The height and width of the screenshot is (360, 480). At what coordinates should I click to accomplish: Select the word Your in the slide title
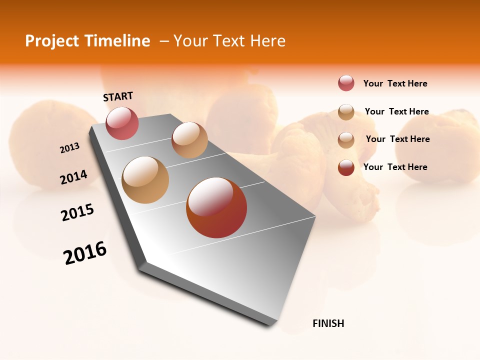[190, 41]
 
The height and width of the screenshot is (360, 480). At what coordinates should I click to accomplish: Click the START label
[118, 96]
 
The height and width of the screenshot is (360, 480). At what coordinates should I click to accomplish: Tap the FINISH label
[328, 323]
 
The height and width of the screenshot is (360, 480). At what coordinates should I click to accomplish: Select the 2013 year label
[70, 148]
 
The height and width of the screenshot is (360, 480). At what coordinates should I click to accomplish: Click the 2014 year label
[73, 177]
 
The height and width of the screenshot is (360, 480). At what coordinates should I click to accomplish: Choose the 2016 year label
[85, 253]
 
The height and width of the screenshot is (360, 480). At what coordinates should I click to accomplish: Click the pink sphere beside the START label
[122, 123]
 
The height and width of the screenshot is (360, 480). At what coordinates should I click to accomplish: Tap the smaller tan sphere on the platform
[189, 140]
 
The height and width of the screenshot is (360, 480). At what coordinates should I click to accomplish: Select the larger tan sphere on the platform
[145, 179]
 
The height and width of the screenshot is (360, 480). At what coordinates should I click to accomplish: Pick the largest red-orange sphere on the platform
[216, 207]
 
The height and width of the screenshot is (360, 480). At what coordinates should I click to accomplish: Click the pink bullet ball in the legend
[346, 83]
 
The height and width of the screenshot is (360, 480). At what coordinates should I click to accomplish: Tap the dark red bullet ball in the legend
[346, 167]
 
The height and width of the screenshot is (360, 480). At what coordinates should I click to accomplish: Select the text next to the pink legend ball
[395, 83]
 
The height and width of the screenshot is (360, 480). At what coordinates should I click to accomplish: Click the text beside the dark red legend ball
[395, 167]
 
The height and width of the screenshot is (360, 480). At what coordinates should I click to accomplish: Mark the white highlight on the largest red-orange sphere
[210, 195]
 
